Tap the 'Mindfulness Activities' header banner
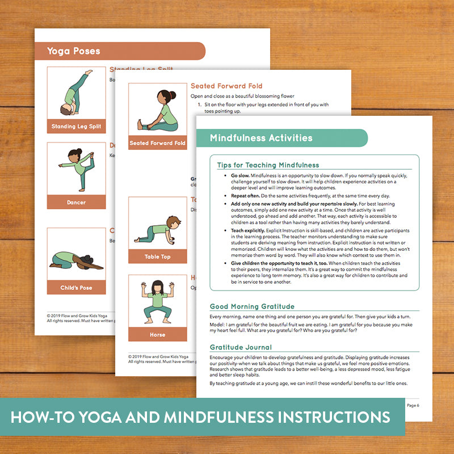260,138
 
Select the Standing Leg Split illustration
76,93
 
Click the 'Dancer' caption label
76,202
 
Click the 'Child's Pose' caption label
76,288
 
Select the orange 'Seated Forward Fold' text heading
226,86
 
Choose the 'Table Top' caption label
157,257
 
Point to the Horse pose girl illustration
157,301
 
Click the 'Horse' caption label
157,335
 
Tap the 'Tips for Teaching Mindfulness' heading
268,165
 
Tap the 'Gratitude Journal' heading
241,347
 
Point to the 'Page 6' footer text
413,405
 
